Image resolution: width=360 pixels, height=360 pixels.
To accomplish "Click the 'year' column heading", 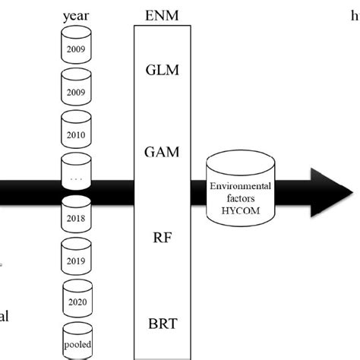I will (x=76, y=14).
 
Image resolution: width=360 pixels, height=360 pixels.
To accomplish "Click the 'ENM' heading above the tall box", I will (x=162, y=14).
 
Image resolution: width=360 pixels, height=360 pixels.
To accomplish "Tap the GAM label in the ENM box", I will (x=162, y=153).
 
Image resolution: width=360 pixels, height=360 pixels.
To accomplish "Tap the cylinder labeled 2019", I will (x=76, y=259).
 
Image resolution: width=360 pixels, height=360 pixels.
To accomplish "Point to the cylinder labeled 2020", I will (x=76, y=300).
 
